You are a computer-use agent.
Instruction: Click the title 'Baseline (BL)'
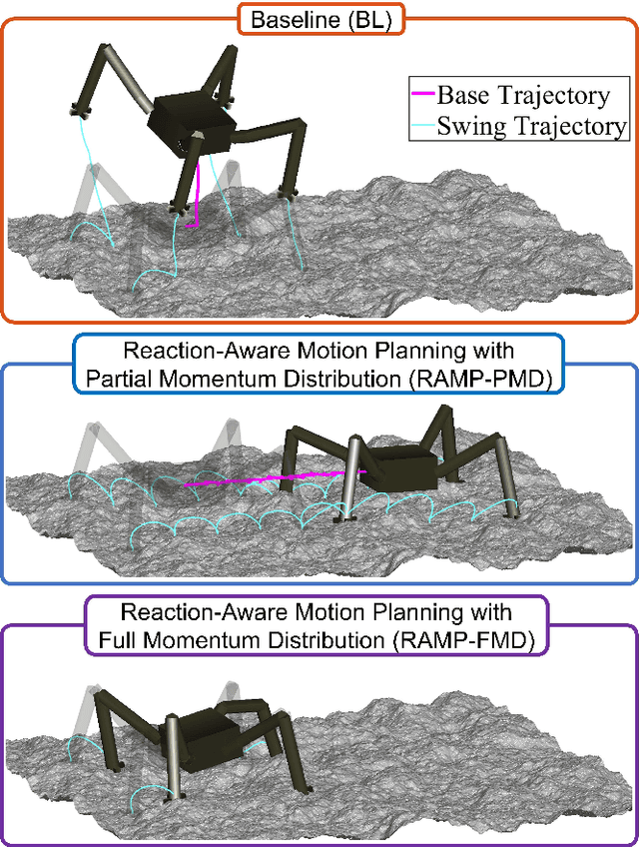click(x=320, y=18)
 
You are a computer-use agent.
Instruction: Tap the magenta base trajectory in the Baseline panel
click(x=198, y=195)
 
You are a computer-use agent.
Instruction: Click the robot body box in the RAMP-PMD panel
click(x=396, y=467)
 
